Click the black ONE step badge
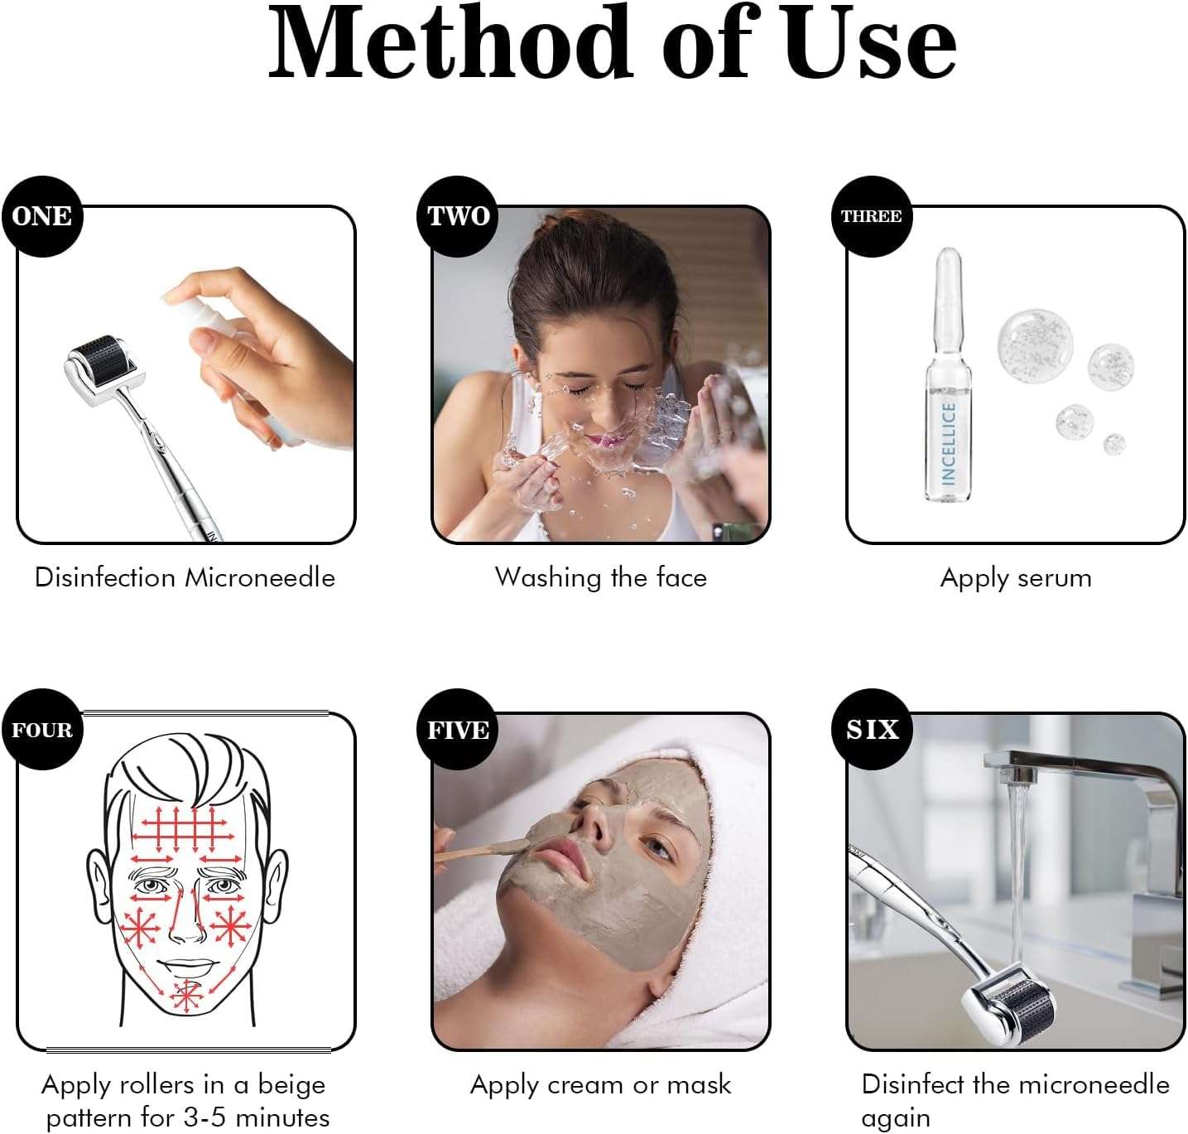pyautogui.click(x=42, y=216)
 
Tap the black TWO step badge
pyautogui.click(x=458, y=216)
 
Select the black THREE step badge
pyautogui.click(x=872, y=216)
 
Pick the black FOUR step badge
pyautogui.click(x=42, y=730)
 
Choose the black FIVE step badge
pyautogui.click(x=458, y=730)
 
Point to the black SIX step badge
pyautogui.click(x=872, y=730)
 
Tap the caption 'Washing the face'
pyautogui.click(x=601, y=577)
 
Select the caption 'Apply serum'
pyautogui.click(x=1016, y=577)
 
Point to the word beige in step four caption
pyautogui.click(x=291, y=1085)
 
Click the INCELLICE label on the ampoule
pyautogui.click(x=949, y=443)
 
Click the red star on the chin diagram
pyautogui.click(x=187, y=995)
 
